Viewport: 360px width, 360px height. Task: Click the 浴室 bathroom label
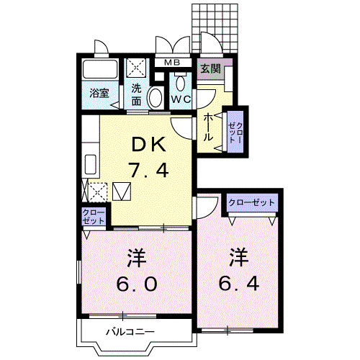[x=98, y=93]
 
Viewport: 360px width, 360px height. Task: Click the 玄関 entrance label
[x=211, y=70]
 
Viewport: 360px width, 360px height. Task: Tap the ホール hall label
[x=208, y=126]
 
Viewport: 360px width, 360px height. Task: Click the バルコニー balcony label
[x=130, y=332]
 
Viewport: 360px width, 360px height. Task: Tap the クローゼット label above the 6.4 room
[x=252, y=203]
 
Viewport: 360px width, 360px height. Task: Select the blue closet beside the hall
[x=235, y=130]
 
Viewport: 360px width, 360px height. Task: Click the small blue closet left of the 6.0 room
[x=93, y=217]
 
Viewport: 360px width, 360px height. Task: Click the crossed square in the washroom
[x=136, y=68]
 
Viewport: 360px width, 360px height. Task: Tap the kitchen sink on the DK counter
[x=91, y=165]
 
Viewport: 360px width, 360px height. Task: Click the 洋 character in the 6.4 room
[x=239, y=256]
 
